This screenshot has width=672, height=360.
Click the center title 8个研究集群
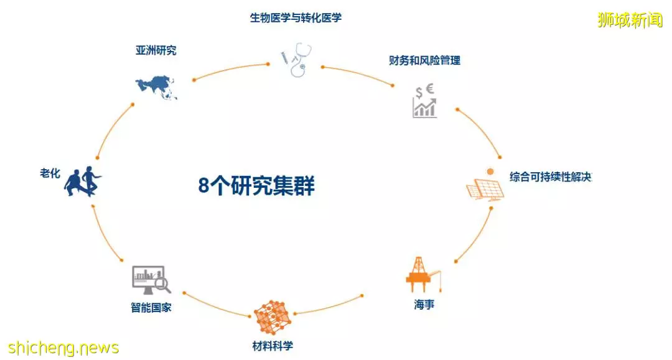click(256, 186)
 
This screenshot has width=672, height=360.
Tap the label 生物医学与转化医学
click(296, 18)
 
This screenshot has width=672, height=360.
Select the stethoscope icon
click(297, 60)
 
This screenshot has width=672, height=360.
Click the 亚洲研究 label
click(156, 50)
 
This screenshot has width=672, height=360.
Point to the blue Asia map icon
click(156, 87)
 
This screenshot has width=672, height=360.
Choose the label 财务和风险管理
click(425, 60)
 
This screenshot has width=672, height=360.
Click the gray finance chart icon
click(425, 101)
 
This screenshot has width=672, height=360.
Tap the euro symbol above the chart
click(430, 89)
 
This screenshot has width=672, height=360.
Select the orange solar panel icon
click(485, 185)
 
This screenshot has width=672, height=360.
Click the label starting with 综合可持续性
click(551, 177)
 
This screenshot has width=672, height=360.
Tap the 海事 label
click(424, 304)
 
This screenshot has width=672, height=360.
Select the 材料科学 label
click(273, 346)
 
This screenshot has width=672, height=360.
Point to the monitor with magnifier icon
click(151, 280)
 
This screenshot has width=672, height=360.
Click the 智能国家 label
click(151, 307)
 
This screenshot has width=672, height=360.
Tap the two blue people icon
click(83, 182)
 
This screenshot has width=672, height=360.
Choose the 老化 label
click(50, 173)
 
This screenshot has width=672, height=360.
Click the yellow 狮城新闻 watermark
click(630, 20)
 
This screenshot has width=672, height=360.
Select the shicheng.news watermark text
click(63, 348)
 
